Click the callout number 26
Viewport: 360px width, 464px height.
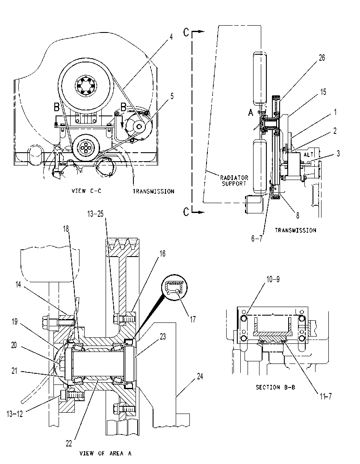pyautogui.click(x=322, y=58)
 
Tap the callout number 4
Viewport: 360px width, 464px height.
pyautogui.click(x=171, y=37)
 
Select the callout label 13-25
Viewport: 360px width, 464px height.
pyautogui.click(x=95, y=214)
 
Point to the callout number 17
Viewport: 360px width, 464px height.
pyautogui.click(x=193, y=319)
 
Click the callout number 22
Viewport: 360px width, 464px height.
pyautogui.click(x=69, y=443)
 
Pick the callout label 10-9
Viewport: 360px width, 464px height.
pyautogui.click(x=273, y=279)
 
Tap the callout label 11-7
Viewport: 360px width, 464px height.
pyautogui.click(x=326, y=396)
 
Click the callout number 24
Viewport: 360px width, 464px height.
pyautogui.click(x=200, y=376)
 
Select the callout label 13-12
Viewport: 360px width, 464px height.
pyautogui.click(x=15, y=414)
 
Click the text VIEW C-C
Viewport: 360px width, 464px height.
pyautogui.click(x=86, y=191)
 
